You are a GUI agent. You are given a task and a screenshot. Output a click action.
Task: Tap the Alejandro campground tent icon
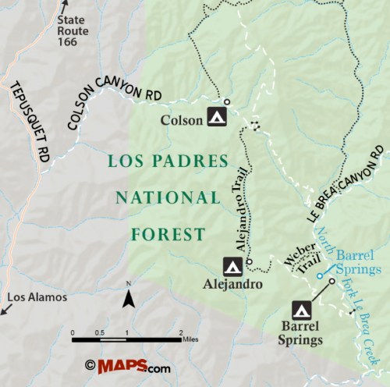(x=232, y=266)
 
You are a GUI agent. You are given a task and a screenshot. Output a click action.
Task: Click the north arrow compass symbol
(x=129, y=296)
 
